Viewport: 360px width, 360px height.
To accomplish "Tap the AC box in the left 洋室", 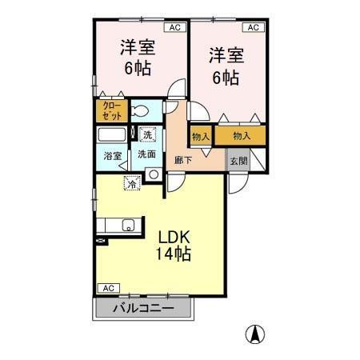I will coord(175,26).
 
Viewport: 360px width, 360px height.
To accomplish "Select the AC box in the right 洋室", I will coord(252,26).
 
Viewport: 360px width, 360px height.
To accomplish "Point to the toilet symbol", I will coord(138,111).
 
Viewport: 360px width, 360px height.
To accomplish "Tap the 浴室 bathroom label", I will coord(112,156).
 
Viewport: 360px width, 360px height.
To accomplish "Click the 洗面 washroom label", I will coord(146,154).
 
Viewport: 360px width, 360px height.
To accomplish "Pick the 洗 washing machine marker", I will coord(147,134).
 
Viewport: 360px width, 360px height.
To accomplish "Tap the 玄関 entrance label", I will coord(238,160).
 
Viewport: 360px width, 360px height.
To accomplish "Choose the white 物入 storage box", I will coord(201,136).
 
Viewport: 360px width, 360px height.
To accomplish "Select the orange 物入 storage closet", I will coord(241,136).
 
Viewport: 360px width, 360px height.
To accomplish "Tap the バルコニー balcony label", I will coord(143,308).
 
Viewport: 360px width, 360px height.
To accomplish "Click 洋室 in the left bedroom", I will coord(138,47).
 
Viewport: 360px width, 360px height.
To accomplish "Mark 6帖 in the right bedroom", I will coord(225,78).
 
